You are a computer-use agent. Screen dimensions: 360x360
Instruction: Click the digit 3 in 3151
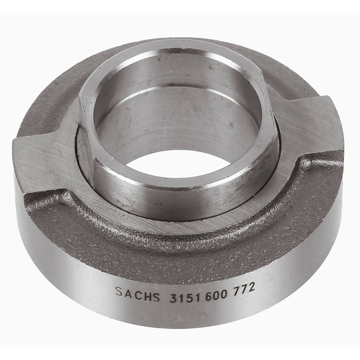pyautogui.click(x=173, y=298)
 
